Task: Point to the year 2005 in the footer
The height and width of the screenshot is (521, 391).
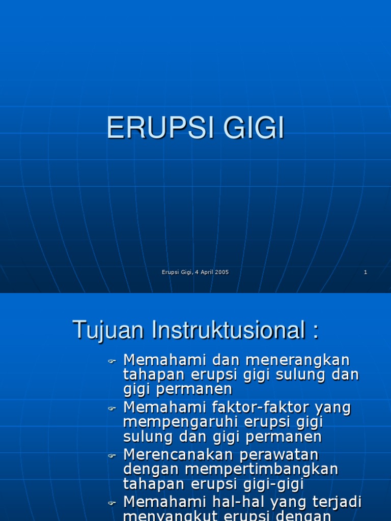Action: (221, 272)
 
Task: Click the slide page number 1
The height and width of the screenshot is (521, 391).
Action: (366, 272)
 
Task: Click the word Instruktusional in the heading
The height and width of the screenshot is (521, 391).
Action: (225, 330)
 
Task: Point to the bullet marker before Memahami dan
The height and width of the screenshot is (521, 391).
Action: (112, 362)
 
